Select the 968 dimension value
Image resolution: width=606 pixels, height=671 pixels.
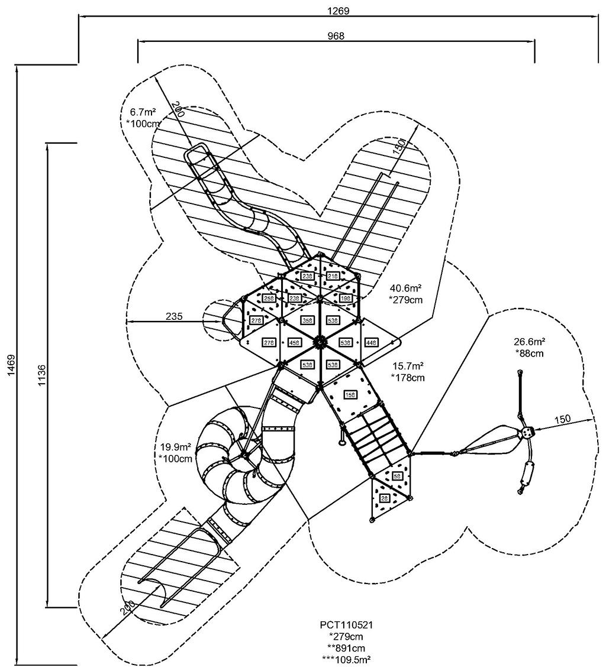[x=336, y=35]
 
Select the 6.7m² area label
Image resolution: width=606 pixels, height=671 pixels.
[x=141, y=112]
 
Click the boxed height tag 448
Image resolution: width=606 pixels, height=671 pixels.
[x=372, y=342]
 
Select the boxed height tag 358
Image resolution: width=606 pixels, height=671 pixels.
[x=308, y=320]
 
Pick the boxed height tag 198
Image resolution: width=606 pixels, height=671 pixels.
[x=346, y=299]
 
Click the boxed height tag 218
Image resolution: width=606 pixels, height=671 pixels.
[x=333, y=276]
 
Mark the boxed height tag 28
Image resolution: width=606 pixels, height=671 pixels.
[x=383, y=498]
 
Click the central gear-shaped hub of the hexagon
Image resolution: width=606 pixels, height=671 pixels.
[x=320, y=341]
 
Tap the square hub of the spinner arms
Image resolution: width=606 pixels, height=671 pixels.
[x=526, y=433]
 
